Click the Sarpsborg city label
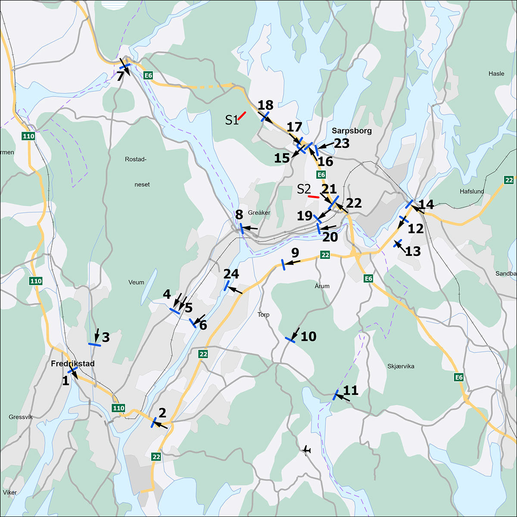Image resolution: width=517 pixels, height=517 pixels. [352, 131]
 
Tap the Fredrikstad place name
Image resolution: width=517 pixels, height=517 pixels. [72, 364]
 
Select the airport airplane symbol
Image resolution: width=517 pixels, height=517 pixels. [307, 450]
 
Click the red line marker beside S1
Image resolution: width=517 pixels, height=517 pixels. [242, 115]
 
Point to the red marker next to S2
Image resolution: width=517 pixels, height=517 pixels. [313, 196]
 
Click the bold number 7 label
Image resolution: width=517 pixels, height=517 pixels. [121, 77]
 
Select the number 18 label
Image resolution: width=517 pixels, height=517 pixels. [266, 105]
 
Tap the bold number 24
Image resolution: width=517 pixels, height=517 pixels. [231, 274]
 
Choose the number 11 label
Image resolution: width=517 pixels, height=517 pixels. [351, 390]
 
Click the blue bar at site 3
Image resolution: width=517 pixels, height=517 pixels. [94, 344]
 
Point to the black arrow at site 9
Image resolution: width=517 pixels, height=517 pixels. [294, 262]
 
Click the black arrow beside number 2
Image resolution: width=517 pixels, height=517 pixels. [161, 425]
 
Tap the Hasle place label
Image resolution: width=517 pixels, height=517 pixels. [496, 74]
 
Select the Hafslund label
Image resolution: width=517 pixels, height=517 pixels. [472, 191]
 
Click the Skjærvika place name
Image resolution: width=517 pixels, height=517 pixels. [401, 366]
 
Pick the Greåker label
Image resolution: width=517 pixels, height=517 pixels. [259, 213]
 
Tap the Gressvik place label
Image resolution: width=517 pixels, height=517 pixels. [20, 417]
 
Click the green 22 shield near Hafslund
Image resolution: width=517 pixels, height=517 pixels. [509, 180]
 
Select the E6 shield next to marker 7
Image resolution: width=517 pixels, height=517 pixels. [148, 76]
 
